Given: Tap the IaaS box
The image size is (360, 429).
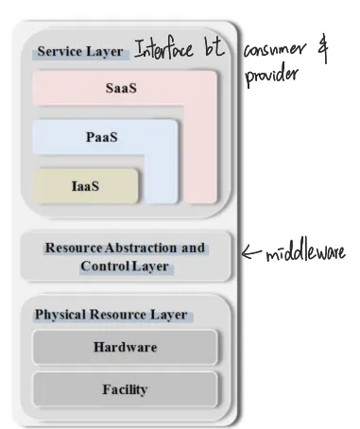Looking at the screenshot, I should point(86,186).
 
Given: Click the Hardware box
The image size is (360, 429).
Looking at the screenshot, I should point(125,347).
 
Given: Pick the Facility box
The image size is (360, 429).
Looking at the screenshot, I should point(125,388).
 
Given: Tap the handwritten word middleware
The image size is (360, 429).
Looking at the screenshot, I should point(306,252).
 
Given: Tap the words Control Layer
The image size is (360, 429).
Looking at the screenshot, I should point(125,266).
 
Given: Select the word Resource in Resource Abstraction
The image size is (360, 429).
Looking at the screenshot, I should point(72,248).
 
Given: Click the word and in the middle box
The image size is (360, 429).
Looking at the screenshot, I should point(192,248).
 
